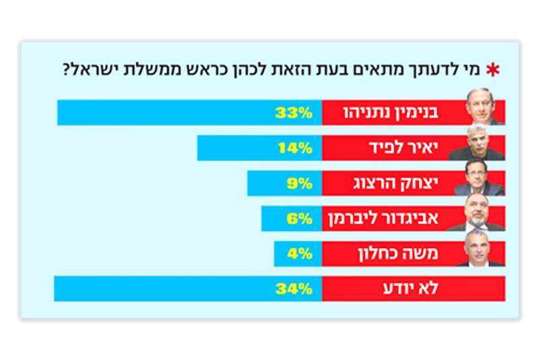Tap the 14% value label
[x=294, y=148]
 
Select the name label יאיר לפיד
[x=410, y=148]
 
